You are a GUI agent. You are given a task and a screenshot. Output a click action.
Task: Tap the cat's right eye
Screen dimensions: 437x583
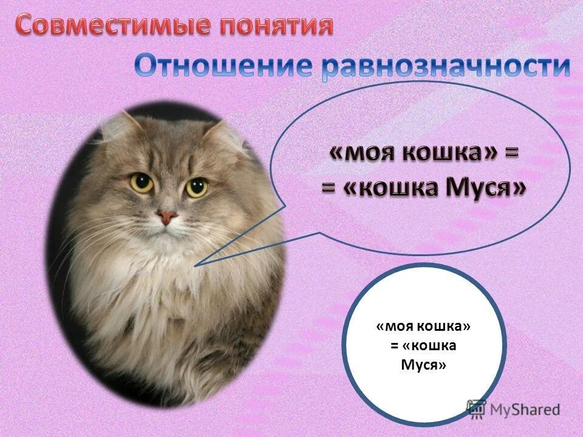196,187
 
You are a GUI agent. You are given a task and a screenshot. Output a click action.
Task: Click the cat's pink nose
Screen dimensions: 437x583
166,216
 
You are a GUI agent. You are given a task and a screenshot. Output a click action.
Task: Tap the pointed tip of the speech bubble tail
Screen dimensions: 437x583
195,266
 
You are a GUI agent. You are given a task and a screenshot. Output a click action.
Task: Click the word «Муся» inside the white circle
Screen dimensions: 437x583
424,365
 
